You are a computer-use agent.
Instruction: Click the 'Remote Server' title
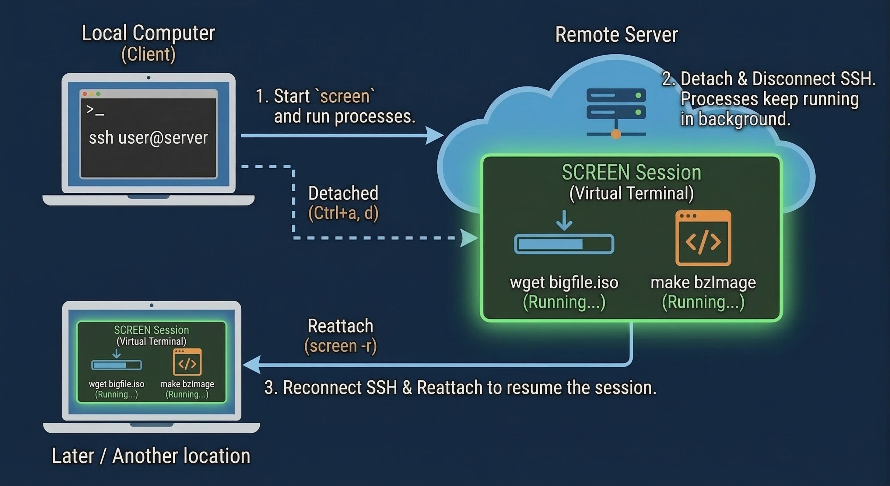tap(616, 35)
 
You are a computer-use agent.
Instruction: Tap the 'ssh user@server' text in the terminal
tap(148, 138)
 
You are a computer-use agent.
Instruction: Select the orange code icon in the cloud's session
tap(703, 238)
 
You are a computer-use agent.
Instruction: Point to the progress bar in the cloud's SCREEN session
tap(564, 244)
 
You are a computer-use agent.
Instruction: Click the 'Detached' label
tap(343, 193)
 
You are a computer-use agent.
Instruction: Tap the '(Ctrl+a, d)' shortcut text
tap(343, 213)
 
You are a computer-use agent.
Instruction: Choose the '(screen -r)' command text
tap(340, 346)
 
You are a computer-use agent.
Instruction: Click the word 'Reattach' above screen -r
tap(340, 326)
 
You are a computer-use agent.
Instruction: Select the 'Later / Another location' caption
tap(151, 456)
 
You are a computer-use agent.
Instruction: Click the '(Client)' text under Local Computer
tap(148, 54)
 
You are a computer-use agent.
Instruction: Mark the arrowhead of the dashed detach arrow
tap(469, 238)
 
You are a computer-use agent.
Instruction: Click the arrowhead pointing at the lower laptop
tap(251, 365)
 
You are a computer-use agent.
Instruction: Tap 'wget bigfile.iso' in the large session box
tap(564, 282)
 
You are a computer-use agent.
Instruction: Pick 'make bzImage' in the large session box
tap(703, 282)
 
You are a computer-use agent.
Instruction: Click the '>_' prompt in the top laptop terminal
tap(95, 110)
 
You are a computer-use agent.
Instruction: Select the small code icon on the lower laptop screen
tap(187, 362)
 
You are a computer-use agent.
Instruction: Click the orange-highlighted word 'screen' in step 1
tap(345, 96)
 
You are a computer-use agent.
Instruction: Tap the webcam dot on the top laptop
tap(148, 78)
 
